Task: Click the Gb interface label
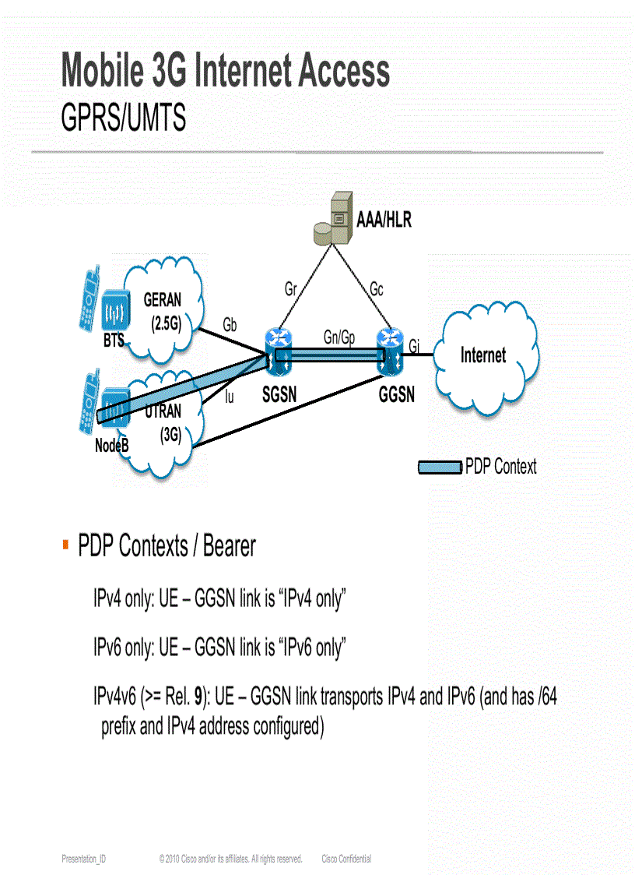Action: click(x=230, y=325)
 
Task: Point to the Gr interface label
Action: click(x=290, y=290)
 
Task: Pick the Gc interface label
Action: click(x=376, y=290)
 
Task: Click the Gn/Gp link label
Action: click(x=339, y=337)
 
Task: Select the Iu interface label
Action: click(x=229, y=397)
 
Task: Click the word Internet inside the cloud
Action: click(x=482, y=355)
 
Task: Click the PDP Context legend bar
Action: click(x=440, y=467)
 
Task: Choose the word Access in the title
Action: click(x=339, y=71)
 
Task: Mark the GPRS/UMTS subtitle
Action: click(x=124, y=118)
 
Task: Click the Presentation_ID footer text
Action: click(x=84, y=859)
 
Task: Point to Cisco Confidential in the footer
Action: click(x=346, y=859)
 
